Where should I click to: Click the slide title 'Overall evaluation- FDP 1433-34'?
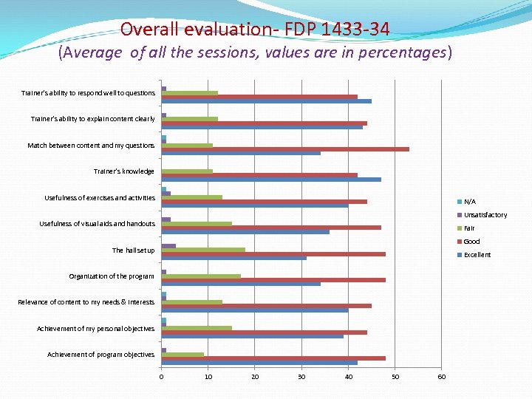(x=255, y=29)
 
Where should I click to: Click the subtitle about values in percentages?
(x=255, y=53)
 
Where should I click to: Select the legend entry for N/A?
(x=469, y=202)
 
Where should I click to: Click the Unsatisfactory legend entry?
(x=485, y=215)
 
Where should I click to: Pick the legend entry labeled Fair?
(x=469, y=228)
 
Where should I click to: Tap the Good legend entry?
(x=471, y=242)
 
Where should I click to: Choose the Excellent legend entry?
(x=477, y=255)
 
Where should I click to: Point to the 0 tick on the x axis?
(x=161, y=377)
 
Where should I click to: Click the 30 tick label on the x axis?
(x=301, y=377)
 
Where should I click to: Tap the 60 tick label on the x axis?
(x=441, y=377)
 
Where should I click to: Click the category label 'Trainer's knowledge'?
(x=123, y=171)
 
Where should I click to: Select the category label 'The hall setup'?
(x=133, y=250)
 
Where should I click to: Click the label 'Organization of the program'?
(x=112, y=276)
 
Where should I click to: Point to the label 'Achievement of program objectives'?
(x=101, y=355)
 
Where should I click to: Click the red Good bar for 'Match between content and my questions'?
(x=284, y=149)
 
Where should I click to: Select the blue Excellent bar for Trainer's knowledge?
(x=270, y=180)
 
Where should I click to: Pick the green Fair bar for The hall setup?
(x=203, y=250)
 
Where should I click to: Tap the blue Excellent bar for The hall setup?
(x=233, y=258)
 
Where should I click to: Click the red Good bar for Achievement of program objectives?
(x=273, y=358)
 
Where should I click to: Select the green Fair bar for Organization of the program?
(x=201, y=276)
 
